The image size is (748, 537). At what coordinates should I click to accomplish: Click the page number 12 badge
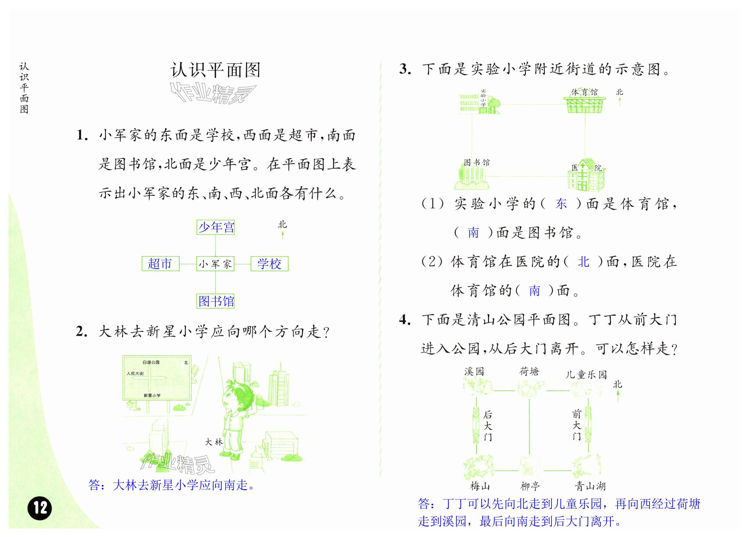coord(40,508)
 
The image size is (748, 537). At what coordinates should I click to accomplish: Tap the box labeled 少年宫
coord(215,227)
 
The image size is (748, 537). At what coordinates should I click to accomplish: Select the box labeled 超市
coord(160,264)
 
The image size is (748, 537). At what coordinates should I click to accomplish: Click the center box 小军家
coord(215,264)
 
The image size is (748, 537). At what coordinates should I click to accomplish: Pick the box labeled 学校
coord(269,264)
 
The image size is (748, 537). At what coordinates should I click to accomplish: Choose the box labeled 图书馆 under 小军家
coord(215,301)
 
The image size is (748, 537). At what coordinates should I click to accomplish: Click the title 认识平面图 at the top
coord(215,70)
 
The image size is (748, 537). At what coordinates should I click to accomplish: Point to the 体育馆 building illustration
coord(584,104)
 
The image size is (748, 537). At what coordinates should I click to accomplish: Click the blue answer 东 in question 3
coord(561,204)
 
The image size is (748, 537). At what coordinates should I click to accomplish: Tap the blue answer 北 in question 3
coord(583,262)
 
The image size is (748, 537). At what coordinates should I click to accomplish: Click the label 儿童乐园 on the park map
coord(586,375)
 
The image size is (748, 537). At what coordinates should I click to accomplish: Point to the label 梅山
coord(480,486)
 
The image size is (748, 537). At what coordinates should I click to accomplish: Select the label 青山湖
coord(590,486)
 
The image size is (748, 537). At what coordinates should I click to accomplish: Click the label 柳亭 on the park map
coord(530,486)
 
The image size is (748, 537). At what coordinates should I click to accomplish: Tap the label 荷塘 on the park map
coord(529,372)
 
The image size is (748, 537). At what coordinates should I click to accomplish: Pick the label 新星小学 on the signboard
coord(152,395)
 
